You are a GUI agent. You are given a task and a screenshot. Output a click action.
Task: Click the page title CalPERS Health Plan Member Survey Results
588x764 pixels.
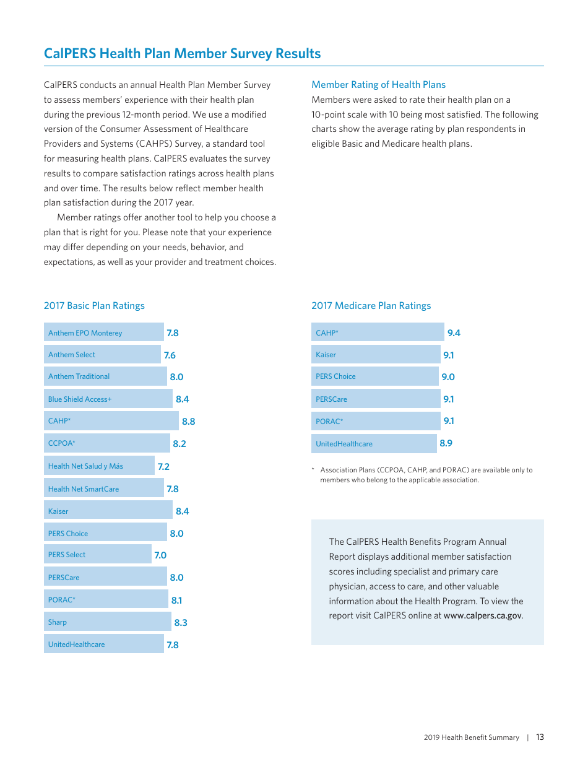point(182,54)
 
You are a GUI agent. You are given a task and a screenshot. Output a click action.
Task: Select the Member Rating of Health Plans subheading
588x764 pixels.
point(378,85)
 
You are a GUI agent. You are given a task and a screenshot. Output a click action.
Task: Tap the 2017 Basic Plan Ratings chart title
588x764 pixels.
point(94,306)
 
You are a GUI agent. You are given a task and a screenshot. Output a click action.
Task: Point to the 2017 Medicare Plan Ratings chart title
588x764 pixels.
point(371,306)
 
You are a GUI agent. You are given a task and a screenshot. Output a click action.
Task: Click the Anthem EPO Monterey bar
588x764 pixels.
point(103,332)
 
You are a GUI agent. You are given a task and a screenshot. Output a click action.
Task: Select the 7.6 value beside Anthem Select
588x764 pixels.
point(170,355)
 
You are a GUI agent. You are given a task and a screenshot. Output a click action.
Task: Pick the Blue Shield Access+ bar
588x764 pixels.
point(108,399)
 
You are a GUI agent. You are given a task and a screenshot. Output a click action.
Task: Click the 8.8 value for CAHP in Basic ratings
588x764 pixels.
point(188,422)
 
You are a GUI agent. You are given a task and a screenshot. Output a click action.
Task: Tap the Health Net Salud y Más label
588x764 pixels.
point(85,466)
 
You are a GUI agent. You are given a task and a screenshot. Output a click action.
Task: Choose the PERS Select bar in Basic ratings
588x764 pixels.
point(97,555)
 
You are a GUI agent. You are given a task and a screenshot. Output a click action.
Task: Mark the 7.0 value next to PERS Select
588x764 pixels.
point(160,555)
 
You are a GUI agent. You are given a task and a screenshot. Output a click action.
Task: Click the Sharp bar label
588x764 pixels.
point(58,622)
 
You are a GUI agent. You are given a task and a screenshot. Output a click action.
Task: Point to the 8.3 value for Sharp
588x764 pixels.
point(181,623)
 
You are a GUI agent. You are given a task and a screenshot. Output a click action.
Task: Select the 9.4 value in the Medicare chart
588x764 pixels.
point(454,333)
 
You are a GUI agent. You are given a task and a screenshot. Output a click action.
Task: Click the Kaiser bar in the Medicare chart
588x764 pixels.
point(375,355)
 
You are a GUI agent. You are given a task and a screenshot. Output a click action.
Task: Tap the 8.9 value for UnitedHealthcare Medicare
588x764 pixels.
point(446,443)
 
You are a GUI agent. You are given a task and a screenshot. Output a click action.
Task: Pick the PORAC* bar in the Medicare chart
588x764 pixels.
point(375,421)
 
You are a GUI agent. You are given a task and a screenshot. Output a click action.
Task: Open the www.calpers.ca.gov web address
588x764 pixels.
point(482,616)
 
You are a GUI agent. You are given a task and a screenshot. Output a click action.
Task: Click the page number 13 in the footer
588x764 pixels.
point(540,737)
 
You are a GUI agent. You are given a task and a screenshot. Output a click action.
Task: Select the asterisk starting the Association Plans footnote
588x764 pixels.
point(313,470)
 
